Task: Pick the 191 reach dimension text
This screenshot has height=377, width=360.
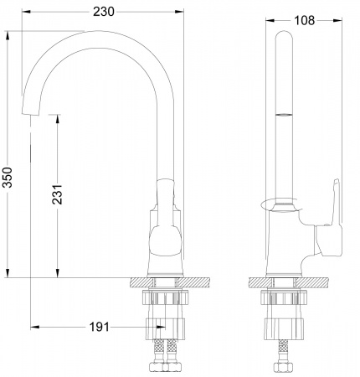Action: click(100, 328)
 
